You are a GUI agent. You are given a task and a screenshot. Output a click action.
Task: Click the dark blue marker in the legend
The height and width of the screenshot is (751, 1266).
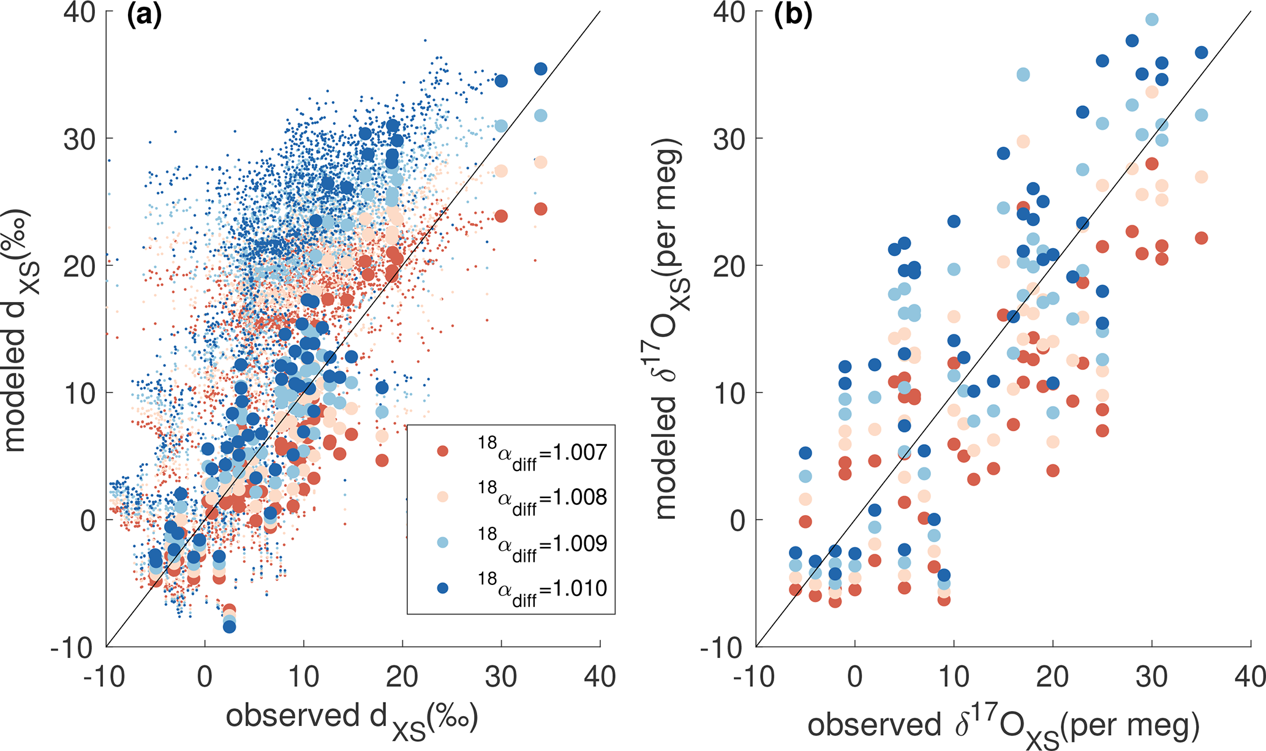click(x=442, y=588)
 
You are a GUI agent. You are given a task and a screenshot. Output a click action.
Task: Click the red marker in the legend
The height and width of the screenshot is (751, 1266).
click(x=442, y=451)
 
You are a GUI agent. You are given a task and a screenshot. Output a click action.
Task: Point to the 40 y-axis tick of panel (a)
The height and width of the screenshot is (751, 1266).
click(x=80, y=12)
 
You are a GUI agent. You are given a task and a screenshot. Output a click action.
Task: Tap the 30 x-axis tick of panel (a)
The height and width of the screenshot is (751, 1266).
click(x=501, y=677)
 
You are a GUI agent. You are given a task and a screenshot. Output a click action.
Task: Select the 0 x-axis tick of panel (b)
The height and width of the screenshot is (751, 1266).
click(x=854, y=677)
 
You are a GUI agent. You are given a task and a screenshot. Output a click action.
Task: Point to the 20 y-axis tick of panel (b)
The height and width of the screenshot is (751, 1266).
click(x=729, y=266)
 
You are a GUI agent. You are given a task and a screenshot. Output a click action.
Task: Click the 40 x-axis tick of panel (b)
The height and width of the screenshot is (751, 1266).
click(x=1249, y=677)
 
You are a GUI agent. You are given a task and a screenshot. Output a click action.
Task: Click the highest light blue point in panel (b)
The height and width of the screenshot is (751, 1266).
click(x=1151, y=20)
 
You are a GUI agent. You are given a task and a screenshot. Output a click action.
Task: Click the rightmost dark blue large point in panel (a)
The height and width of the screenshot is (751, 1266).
click(x=540, y=69)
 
